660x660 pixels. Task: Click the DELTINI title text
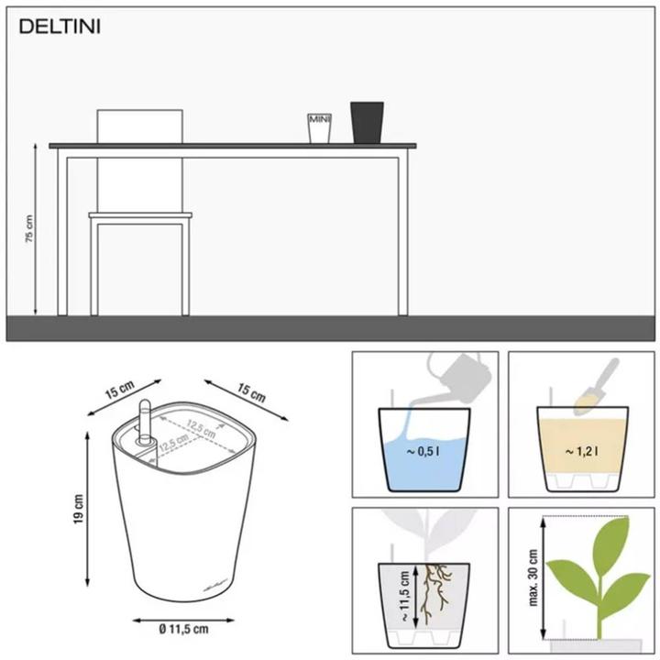point(60,27)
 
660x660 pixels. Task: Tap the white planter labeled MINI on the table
point(318,127)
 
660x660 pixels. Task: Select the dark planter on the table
point(367,122)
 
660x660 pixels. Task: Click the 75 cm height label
point(29,228)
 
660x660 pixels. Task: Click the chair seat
point(140,216)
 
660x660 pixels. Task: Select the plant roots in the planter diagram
point(438,588)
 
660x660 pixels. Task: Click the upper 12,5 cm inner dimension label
point(201,424)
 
